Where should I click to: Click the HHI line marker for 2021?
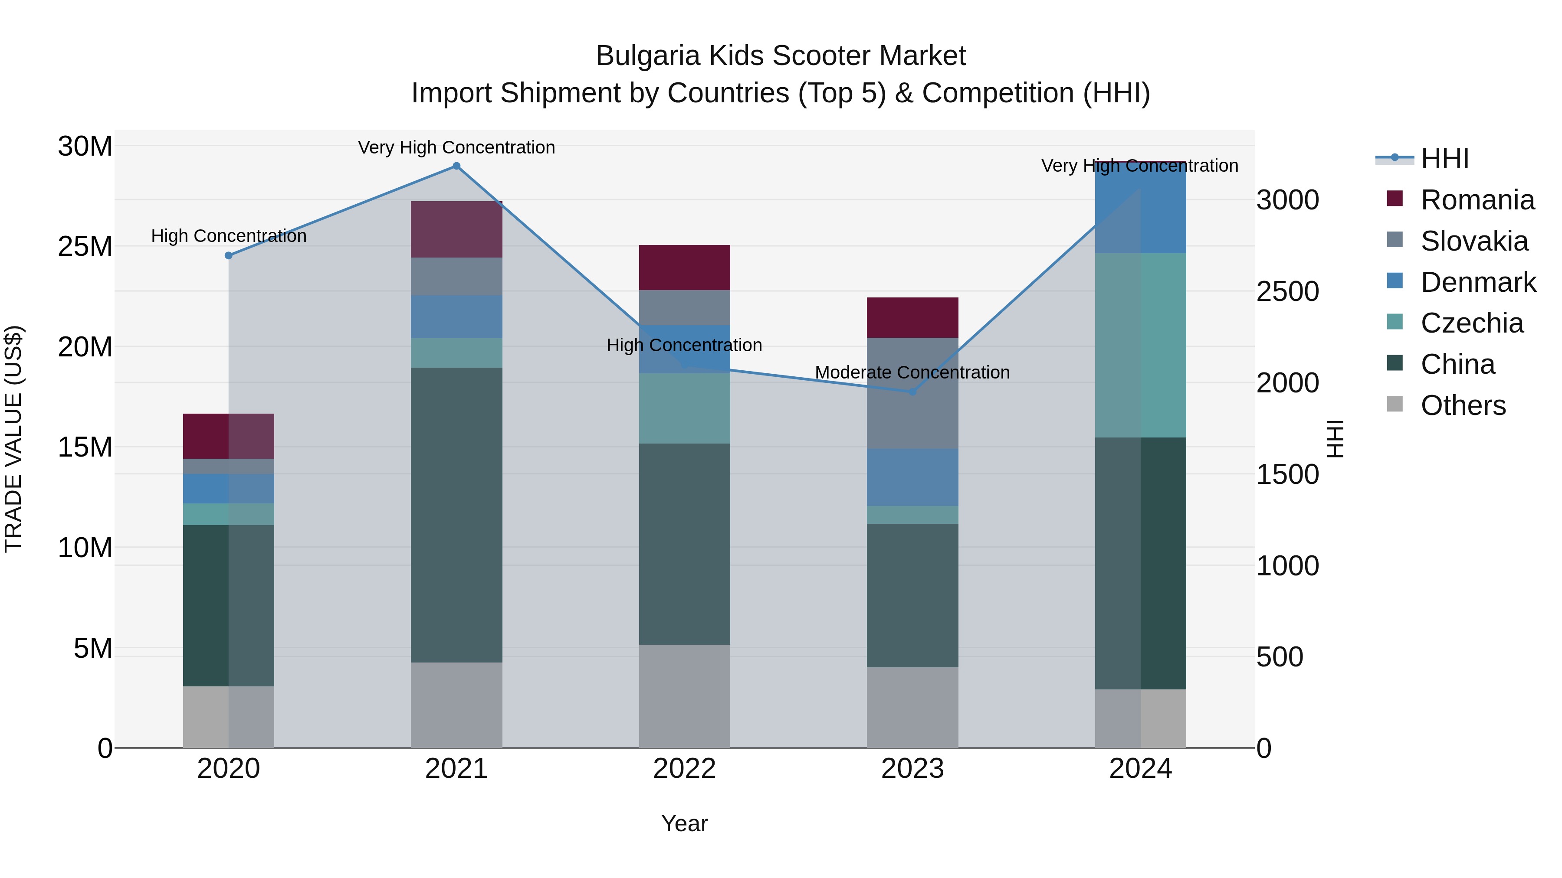(456, 166)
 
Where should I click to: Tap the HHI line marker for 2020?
(229, 256)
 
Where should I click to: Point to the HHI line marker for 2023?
(912, 392)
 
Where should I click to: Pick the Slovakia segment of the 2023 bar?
(912, 393)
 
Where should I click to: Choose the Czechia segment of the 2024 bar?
(1141, 346)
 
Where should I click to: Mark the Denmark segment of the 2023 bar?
(912, 477)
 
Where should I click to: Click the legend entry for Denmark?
(1478, 282)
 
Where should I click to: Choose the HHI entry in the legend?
(1444, 159)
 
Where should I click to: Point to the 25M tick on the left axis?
(85, 247)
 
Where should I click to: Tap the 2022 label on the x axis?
(685, 769)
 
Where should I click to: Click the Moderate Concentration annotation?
(912, 372)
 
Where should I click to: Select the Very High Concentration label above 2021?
(456, 147)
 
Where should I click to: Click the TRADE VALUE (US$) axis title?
(13, 439)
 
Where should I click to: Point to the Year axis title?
(685, 823)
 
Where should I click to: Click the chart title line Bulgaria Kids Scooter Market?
(781, 56)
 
